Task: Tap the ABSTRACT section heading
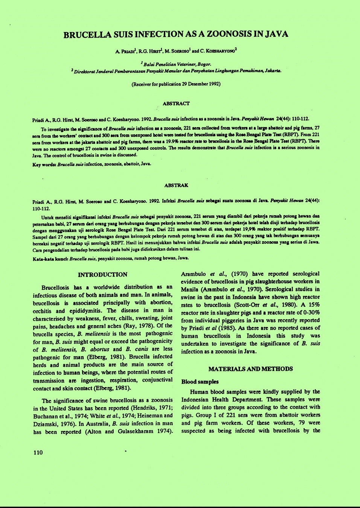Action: point(176,103)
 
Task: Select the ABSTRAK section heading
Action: point(176,186)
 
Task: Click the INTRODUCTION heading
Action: point(102,275)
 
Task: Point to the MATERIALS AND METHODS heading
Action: point(250,369)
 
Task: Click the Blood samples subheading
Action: point(200,382)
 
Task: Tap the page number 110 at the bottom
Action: point(38,453)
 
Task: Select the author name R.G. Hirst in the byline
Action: point(150,51)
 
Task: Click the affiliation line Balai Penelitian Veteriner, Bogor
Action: point(176,64)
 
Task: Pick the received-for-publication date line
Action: point(176,84)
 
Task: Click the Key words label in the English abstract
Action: point(44,164)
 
